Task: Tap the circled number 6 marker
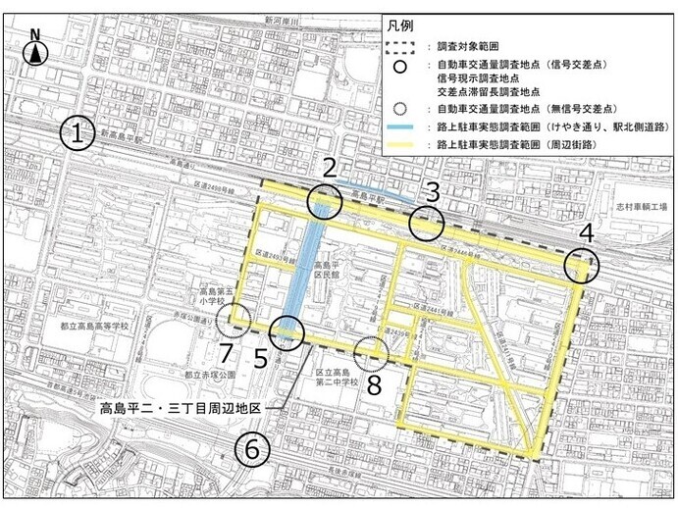pyautogui.click(x=252, y=450)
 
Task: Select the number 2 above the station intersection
pyautogui.click(x=331, y=169)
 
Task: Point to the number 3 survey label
pyautogui.click(x=429, y=191)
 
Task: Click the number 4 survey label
pyautogui.click(x=586, y=234)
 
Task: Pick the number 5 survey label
pyautogui.click(x=261, y=358)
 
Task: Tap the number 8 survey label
pyautogui.click(x=374, y=384)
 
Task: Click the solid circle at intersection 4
pyautogui.click(x=582, y=265)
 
